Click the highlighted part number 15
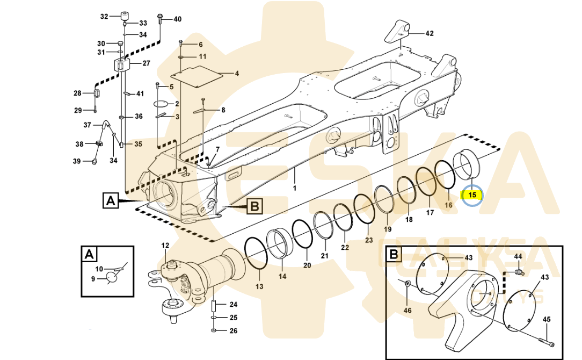tap(472, 195)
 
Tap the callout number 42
tap(429, 33)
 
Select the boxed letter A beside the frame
tap(111, 201)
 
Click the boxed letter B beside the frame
tap(254, 205)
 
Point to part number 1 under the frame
tap(294, 189)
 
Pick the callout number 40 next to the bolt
tap(177, 19)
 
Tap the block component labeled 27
tap(123, 66)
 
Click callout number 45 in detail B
tap(547, 319)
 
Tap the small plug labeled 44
tap(519, 272)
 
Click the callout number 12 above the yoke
tap(165, 246)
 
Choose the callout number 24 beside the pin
tap(234, 304)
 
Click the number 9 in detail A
tap(92, 279)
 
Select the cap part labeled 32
tap(125, 15)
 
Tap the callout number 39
tap(77, 161)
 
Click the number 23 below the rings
tap(368, 240)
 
